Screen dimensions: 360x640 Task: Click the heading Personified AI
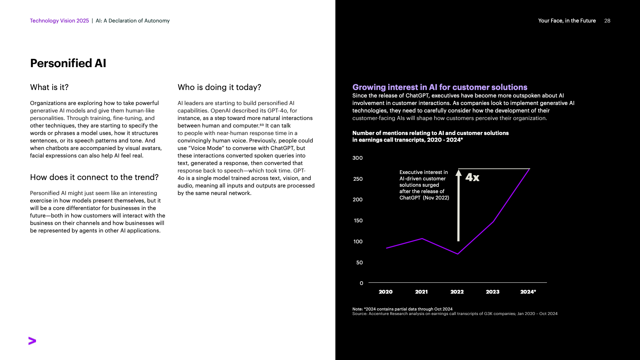68,63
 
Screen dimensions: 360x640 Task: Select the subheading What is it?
49,87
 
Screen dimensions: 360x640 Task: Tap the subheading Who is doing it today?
219,87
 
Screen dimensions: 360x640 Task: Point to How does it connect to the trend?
94,177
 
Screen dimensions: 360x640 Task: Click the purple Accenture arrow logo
32,341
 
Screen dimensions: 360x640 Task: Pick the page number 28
607,21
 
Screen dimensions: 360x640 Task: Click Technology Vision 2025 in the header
59,21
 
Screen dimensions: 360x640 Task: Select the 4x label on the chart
472,177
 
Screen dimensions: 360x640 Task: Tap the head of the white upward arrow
458,173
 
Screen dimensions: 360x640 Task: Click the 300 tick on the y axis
358,158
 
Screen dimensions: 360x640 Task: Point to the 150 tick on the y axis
358,220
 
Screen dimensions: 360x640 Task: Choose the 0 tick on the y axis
361,283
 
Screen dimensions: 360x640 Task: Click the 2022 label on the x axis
457,292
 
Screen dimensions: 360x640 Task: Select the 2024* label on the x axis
528,292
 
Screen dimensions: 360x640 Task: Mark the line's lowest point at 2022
458,254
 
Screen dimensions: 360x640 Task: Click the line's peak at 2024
529,169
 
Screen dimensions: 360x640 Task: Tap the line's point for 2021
422,238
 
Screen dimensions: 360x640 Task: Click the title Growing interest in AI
440,87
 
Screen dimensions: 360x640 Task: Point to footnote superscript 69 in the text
261,124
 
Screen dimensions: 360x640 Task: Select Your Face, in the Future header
567,21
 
